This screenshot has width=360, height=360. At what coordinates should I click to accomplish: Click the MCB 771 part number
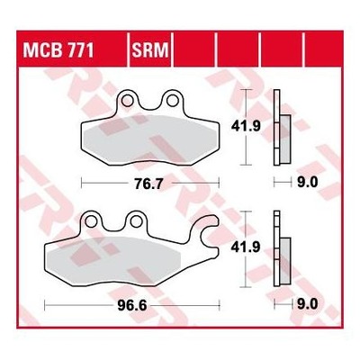58,50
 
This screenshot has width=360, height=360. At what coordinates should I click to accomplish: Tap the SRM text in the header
150,50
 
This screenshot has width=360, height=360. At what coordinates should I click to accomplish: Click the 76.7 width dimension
148,184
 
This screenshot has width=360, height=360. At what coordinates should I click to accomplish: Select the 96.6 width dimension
132,305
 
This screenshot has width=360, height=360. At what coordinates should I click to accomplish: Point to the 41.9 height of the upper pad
246,126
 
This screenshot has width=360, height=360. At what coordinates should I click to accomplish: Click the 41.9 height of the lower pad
246,247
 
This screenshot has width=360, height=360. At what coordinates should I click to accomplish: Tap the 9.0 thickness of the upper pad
307,183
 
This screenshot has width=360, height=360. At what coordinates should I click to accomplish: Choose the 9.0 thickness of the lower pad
307,305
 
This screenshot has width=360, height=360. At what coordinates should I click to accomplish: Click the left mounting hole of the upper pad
127,100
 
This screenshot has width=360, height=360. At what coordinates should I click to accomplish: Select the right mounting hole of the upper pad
172,100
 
